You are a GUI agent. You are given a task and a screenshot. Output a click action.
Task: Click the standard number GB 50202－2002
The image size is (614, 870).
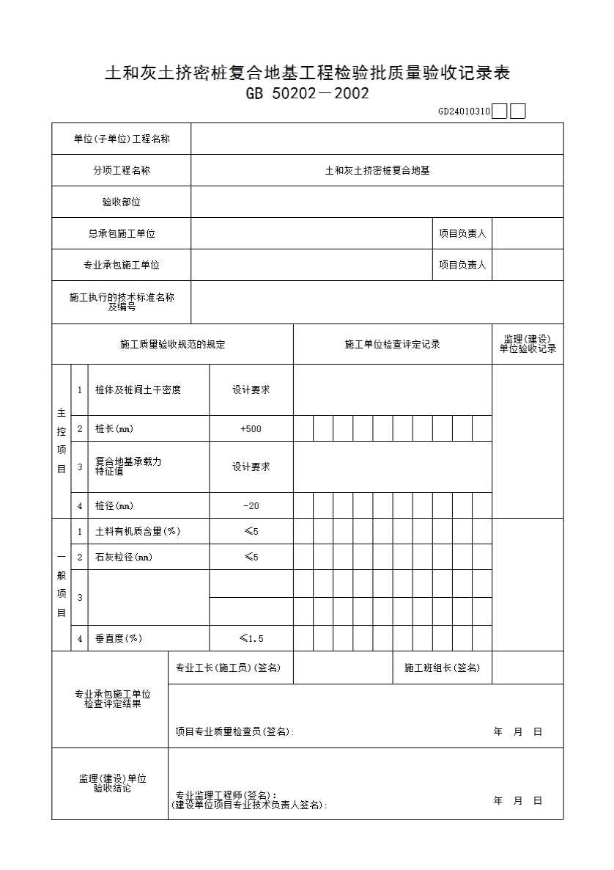pos(307,94)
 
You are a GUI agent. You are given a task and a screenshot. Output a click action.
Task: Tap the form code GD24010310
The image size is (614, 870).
pos(464,112)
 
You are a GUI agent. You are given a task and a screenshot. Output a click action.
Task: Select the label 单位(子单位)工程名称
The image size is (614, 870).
pos(122,139)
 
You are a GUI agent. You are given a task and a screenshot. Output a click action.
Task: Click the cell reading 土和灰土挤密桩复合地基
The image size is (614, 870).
pos(377,170)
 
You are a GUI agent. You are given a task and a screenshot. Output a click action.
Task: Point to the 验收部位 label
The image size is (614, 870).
pos(122,202)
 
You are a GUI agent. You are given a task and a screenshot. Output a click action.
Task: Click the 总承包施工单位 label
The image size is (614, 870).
pos(122,234)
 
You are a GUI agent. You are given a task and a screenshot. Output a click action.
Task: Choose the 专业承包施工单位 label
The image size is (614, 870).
pos(122,266)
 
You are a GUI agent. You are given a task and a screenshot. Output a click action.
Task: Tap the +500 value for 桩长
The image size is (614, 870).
pos(251,429)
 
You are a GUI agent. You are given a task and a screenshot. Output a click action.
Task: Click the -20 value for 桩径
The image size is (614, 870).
pos(251,506)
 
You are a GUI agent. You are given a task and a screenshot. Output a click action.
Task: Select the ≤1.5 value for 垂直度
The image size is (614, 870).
pos(251,639)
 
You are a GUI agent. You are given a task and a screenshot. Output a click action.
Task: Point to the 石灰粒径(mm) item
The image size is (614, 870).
pos(124,558)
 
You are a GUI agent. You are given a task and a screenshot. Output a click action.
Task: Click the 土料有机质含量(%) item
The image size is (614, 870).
pos(138,531)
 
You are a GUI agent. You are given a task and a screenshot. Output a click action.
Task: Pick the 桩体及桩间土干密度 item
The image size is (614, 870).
pos(138,390)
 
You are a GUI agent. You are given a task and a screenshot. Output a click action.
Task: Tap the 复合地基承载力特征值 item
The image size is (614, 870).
pos(128,467)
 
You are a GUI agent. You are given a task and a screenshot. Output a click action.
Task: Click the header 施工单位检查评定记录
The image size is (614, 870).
pos(392,344)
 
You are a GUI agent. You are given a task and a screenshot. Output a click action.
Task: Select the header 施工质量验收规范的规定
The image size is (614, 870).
pos(172,344)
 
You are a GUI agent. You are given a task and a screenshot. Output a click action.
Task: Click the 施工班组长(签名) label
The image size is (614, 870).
pos(442,668)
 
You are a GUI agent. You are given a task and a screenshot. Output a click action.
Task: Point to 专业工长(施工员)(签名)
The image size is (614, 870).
pos(228,668)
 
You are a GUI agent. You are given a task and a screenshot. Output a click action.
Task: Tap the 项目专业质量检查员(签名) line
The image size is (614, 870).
pos(234,731)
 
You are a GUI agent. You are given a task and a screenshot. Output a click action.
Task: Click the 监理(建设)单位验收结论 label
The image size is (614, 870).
pos(112,783)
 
